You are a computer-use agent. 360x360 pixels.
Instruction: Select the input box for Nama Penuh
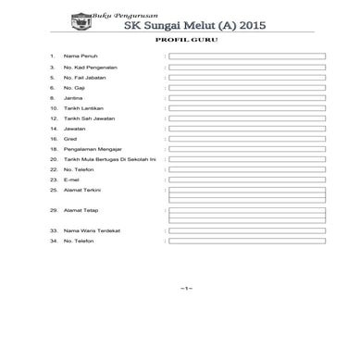point(246,56)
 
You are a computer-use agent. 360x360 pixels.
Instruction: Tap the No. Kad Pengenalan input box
point(246,67)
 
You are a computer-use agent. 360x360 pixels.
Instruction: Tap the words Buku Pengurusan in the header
point(118,14)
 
